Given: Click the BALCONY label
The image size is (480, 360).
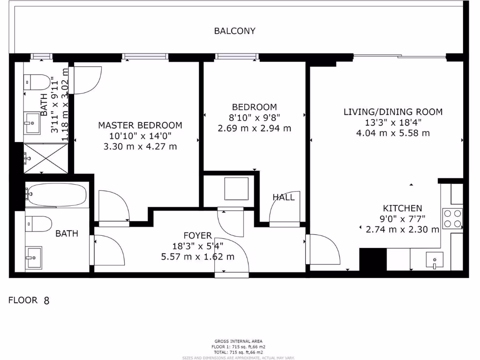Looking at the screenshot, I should tap(235, 31).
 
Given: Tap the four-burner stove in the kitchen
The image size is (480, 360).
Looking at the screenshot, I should tap(452, 218).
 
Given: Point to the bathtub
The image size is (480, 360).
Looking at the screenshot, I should tap(57, 195).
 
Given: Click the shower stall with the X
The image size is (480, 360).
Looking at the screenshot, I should tap(46, 157).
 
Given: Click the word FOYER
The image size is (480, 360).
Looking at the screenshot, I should tap(197, 235).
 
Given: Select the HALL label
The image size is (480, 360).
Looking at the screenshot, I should tap(284, 197).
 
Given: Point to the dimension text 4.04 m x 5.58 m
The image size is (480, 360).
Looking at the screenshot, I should tap(393, 133).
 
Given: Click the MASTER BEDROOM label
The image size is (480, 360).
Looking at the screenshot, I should tap(140, 126).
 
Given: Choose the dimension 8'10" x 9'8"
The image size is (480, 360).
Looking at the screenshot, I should tap(255, 118).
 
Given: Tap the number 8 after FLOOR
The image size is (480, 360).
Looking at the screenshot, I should tap(46, 301).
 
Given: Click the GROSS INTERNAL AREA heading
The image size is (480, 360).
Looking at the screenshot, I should tap(239, 341).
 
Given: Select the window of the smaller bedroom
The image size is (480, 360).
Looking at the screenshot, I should tap(237, 57).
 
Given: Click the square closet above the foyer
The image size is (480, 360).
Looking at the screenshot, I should tap(235, 189).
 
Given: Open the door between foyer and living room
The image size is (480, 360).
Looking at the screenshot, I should tap(322, 249).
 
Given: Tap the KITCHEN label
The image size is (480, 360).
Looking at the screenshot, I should tap(403, 209).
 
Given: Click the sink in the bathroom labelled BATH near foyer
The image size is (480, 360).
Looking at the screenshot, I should tap(34, 257).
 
